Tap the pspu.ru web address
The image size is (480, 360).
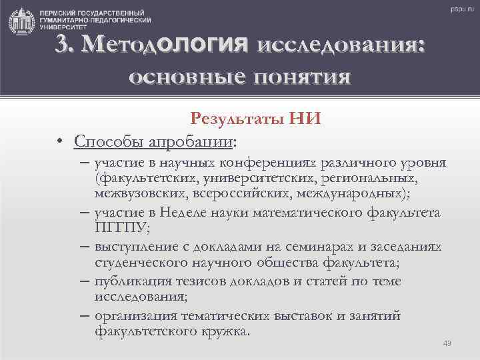(459, 9)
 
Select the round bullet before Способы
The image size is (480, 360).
(60, 143)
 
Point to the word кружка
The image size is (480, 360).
(224, 330)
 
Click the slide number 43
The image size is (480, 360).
(447, 343)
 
